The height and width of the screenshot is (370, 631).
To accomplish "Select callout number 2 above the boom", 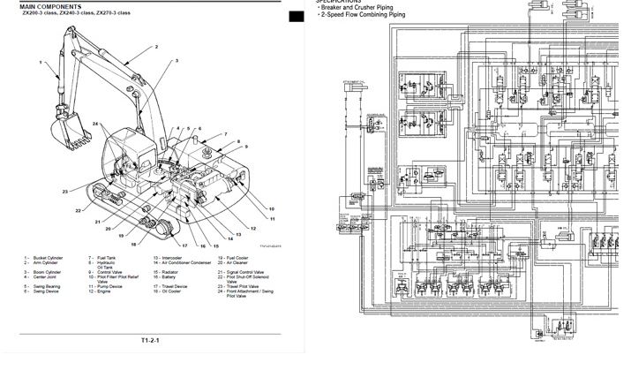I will [155, 46].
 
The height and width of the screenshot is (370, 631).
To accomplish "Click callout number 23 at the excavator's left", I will [64, 191].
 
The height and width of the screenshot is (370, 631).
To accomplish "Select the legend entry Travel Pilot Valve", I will [237, 287].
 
